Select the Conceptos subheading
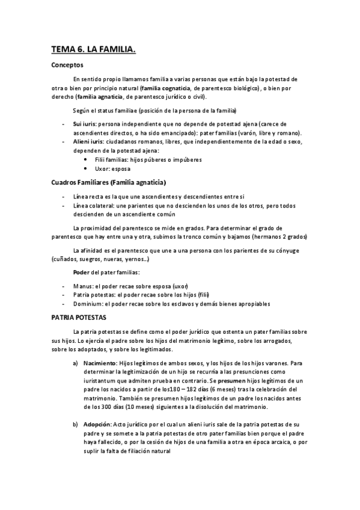[x=67, y=65]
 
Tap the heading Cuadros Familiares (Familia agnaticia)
[x=109, y=182]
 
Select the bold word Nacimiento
[x=100, y=363]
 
